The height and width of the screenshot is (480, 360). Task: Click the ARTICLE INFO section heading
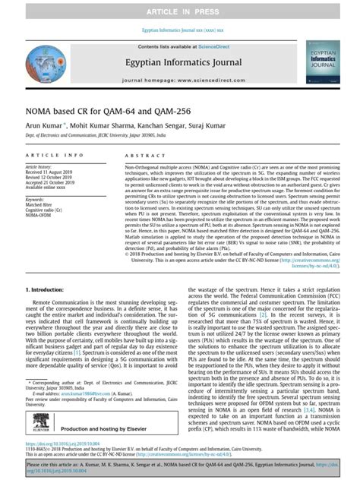(51, 154)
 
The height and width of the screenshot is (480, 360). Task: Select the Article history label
(39, 166)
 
